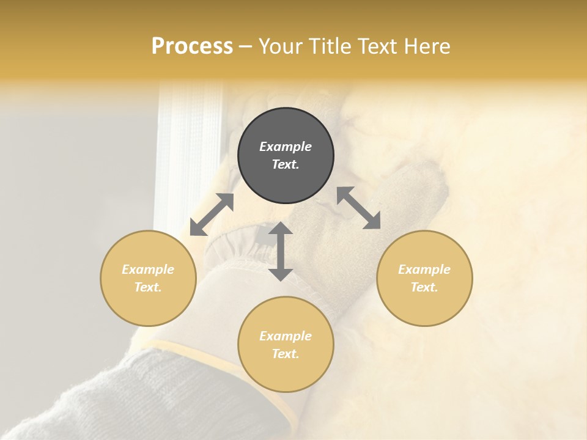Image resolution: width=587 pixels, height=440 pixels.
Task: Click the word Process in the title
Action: point(192,46)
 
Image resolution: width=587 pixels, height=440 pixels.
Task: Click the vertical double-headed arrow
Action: point(281,251)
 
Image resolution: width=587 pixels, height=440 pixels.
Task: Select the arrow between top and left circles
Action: point(212,215)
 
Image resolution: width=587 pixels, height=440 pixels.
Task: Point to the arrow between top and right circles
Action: point(359,208)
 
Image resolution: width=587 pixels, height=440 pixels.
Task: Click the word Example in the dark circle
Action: point(286,147)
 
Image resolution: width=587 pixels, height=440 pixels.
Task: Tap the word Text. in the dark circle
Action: point(286,164)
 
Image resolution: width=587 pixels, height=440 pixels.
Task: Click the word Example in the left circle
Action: point(148,269)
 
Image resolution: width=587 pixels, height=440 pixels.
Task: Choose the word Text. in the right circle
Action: point(424,287)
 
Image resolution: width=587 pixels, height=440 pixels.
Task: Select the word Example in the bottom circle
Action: point(286,336)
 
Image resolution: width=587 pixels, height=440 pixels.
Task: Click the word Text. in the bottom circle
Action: point(286,354)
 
